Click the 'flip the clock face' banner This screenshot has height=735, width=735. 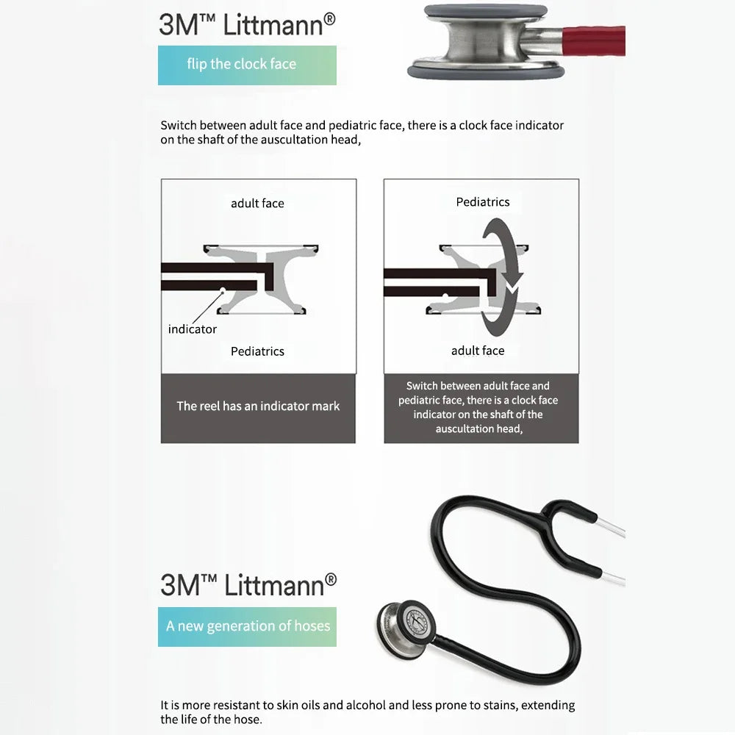[247, 65]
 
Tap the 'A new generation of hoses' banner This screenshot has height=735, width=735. [247, 627]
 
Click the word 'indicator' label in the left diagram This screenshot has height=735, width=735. [192, 329]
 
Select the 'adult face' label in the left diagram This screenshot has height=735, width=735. [257, 204]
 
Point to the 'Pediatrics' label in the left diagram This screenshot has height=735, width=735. [257, 351]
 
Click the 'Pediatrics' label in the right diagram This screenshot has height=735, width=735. [483, 202]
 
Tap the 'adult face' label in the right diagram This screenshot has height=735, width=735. [478, 351]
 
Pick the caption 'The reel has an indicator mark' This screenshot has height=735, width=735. [258, 406]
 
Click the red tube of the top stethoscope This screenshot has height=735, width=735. [593, 40]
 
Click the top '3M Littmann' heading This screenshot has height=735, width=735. [247, 24]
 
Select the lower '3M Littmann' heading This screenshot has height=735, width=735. [248, 585]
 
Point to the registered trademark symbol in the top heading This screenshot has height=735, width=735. [330, 19]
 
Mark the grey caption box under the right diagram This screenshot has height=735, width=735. [481, 408]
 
